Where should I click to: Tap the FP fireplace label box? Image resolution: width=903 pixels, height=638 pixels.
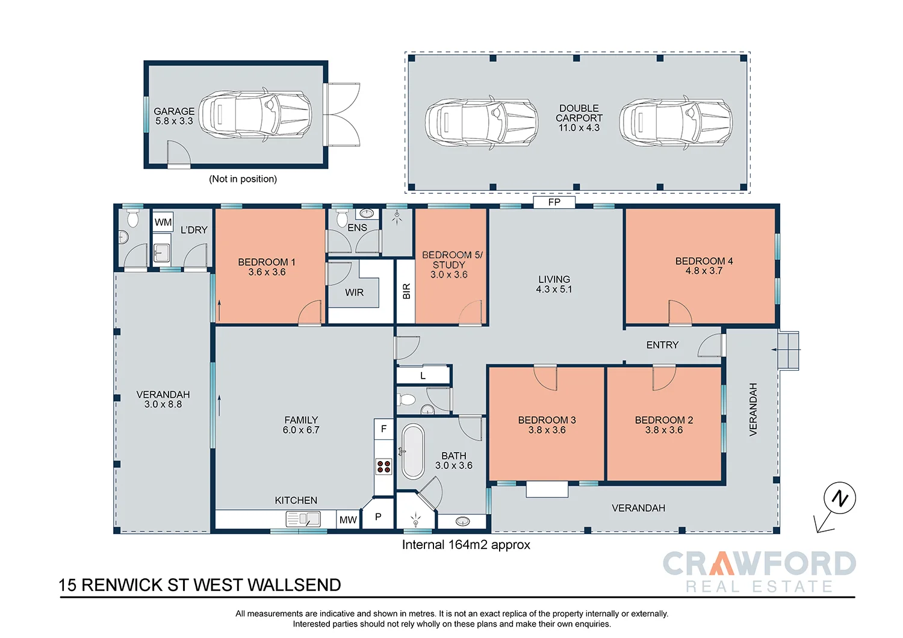click(x=554, y=202)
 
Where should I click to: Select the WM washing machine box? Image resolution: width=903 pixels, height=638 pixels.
click(x=163, y=222)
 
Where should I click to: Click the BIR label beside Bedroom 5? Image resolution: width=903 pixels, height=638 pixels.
click(x=406, y=291)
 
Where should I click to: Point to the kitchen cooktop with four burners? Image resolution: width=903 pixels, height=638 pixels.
click(x=383, y=466)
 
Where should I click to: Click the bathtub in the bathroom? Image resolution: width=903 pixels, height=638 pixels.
click(x=413, y=451)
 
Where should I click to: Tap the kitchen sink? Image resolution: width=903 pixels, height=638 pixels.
click(x=303, y=519)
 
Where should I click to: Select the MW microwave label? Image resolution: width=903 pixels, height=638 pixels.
click(x=348, y=520)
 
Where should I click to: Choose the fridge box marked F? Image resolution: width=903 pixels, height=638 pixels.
click(x=383, y=429)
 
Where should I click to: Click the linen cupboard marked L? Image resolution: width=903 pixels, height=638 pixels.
click(x=423, y=375)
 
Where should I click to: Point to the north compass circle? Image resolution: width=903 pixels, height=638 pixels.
click(x=840, y=498)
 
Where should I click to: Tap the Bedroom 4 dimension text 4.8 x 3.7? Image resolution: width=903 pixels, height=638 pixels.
click(x=704, y=271)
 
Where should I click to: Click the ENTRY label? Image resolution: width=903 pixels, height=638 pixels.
click(x=662, y=345)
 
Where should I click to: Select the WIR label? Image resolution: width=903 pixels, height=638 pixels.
click(x=355, y=293)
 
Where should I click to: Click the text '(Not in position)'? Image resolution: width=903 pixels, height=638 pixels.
click(x=243, y=179)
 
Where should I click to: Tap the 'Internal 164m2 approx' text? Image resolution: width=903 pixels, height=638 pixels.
click(x=466, y=545)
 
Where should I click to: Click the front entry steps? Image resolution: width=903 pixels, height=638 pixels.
click(x=788, y=350)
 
